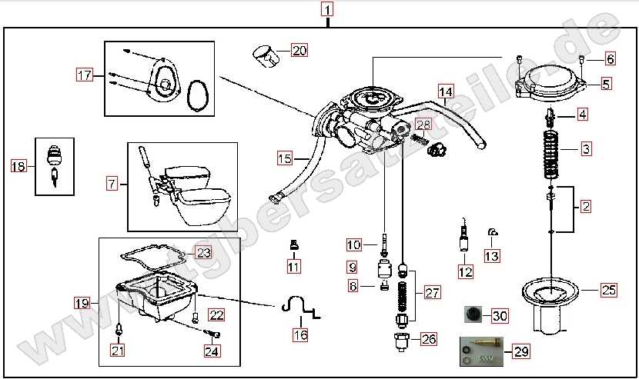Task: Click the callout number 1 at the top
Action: [x=329, y=11]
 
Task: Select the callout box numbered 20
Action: [x=299, y=52]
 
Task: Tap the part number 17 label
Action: [x=84, y=75]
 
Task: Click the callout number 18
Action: [x=18, y=165]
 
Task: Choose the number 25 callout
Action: [x=609, y=290]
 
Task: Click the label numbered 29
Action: [x=521, y=352]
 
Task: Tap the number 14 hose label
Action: [x=447, y=91]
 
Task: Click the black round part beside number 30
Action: [x=471, y=315]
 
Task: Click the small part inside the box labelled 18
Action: [x=54, y=163]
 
